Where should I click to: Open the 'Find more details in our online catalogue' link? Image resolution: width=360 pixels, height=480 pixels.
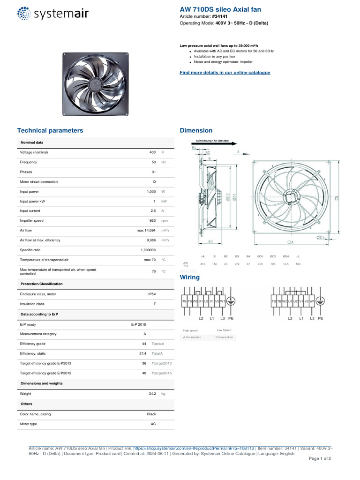pyautogui.click(x=225, y=73)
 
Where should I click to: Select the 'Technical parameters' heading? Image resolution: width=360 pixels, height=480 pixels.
pyautogui.click(x=50, y=130)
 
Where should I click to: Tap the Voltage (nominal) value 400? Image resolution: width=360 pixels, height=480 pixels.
pyautogui.click(x=152, y=152)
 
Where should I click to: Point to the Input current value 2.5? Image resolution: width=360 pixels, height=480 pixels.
pyautogui.click(x=153, y=211)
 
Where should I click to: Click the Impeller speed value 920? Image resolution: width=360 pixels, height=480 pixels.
pyautogui.click(x=152, y=221)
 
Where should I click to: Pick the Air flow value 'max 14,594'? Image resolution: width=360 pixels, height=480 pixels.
pyautogui.click(x=146, y=231)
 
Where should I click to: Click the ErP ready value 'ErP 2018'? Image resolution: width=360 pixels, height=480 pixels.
pyautogui.click(x=138, y=324)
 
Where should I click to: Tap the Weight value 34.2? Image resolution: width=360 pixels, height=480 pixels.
pyautogui.click(x=152, y=394)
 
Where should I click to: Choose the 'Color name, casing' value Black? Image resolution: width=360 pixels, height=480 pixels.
pyautogui.click(x=151, y=414)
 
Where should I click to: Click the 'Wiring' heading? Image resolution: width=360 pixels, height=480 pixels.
pyautogui.click(x=190, y=277)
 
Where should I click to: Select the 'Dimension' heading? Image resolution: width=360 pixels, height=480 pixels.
pyautogui.click(x=196, y=130)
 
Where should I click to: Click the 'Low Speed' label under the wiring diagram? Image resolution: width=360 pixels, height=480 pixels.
pyautogui.click(x=224, y=330)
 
